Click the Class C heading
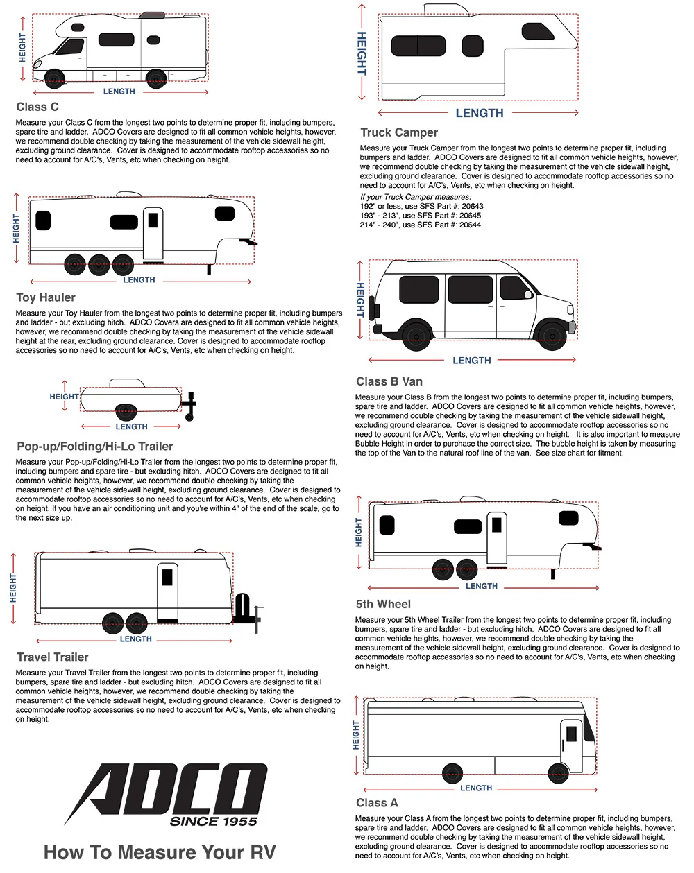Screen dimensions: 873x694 pos(37,107)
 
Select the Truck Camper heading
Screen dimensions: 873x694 pos(399,132)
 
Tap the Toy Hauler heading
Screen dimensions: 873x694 pos(46,297)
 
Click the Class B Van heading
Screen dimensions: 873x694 pos(389,381)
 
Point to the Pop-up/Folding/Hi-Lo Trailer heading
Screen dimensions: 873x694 pos(95,447)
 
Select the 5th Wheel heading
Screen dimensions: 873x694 pos(383,604)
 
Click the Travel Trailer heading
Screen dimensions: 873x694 pos(53,657)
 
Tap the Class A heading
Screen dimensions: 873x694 pos(377,803)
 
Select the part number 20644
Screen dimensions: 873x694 pos(470,225)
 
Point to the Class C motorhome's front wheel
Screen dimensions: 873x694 pos(53,78)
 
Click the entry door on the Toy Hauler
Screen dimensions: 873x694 pos(153,233)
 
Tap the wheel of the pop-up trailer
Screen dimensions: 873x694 pos(125,412)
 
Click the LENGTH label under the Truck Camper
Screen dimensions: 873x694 pos(479,113)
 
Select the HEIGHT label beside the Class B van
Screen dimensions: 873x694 pos(360,300)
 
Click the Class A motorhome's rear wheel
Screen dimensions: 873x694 pos(452,772)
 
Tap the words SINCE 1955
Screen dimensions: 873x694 pos(213,822)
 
